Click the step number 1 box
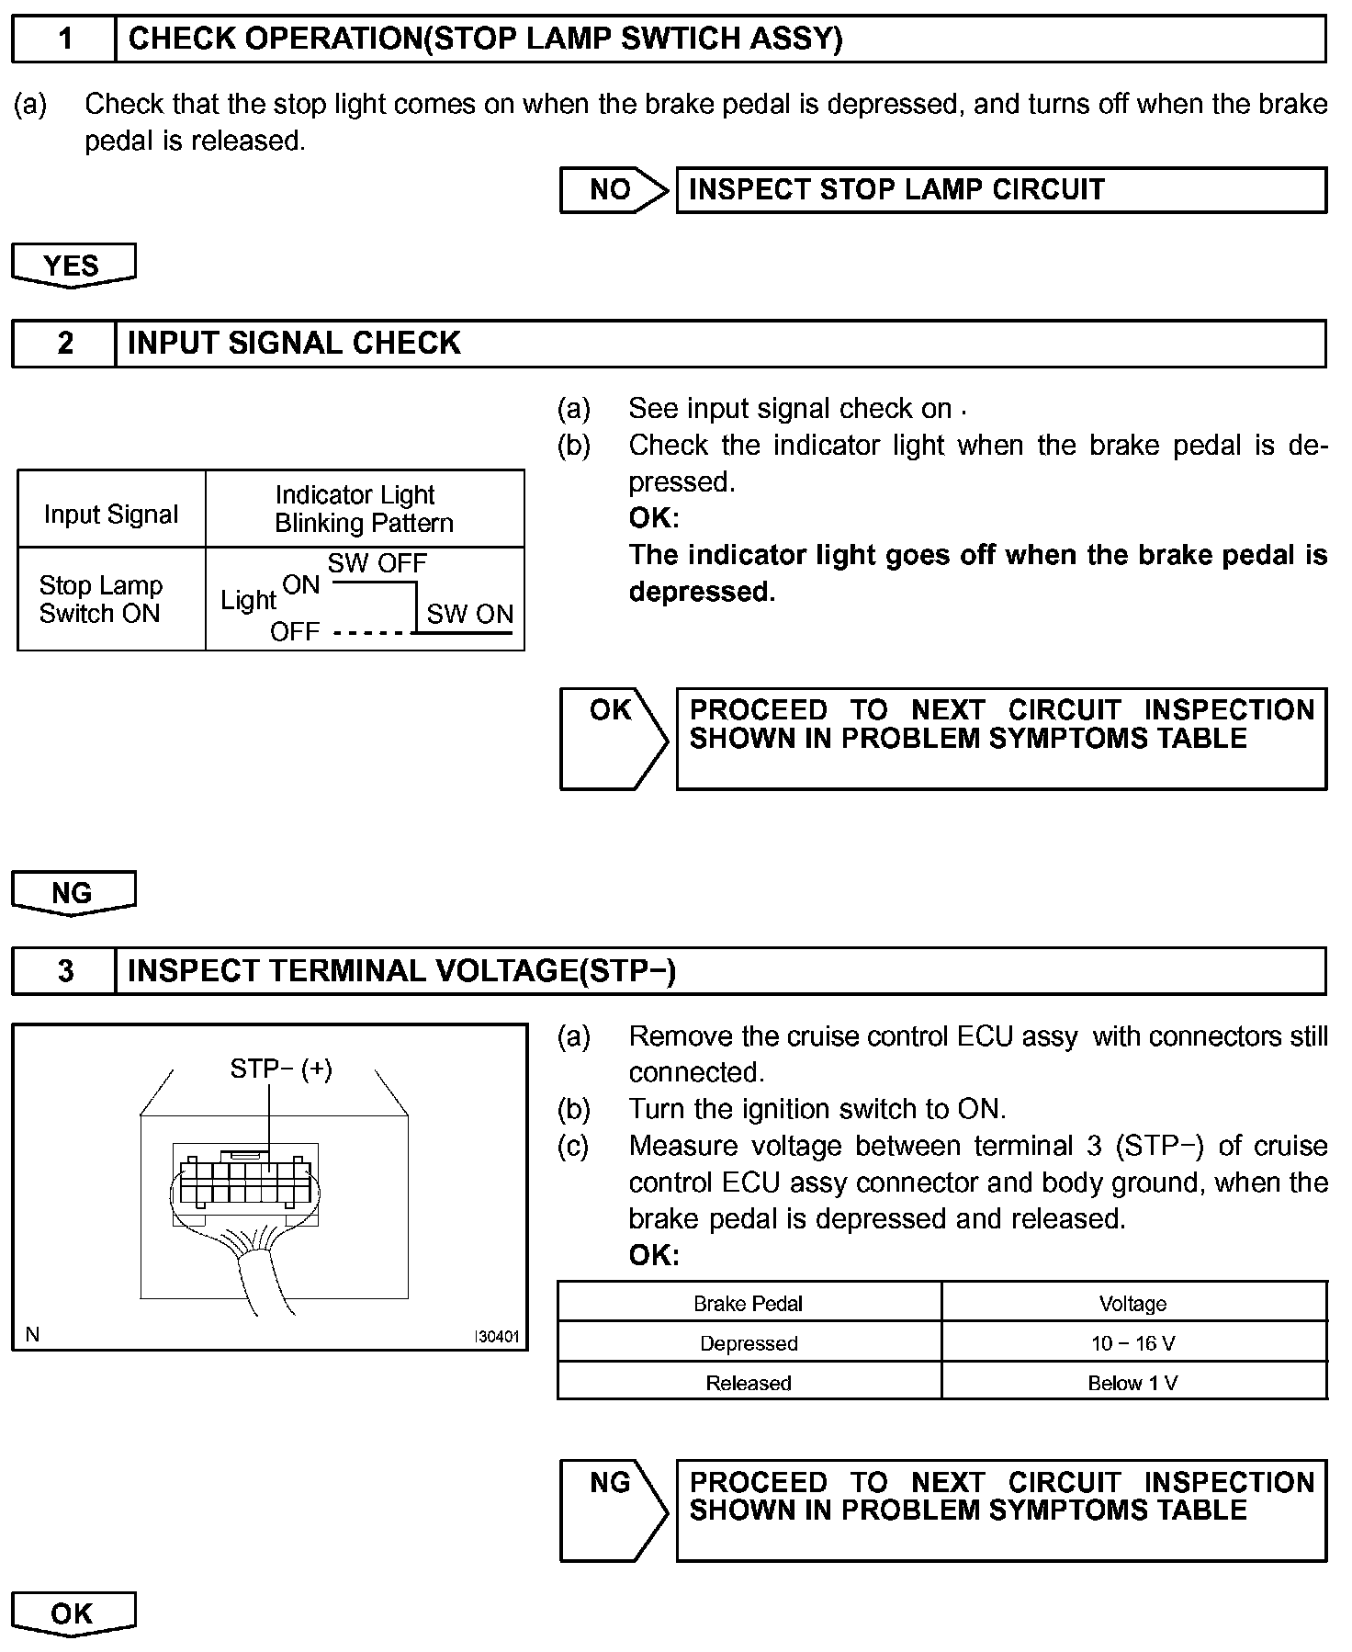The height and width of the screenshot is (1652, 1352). pos(64,40)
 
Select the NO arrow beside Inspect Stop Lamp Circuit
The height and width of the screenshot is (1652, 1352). pos(613,190)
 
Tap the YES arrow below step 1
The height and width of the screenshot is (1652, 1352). pos(73,266)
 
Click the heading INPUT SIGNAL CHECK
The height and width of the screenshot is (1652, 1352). pos(294,344)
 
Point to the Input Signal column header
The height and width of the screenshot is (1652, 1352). pos(111,514)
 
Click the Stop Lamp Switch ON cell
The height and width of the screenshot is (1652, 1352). pos(101,599)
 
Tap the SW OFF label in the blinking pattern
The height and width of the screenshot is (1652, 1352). pos(377,563)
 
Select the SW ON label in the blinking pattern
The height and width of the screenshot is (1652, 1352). pos(469,614)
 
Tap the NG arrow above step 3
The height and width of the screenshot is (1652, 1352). pos(73,893)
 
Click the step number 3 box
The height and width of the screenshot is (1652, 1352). pos(64,971)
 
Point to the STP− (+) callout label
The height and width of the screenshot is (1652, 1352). pos(281,1069)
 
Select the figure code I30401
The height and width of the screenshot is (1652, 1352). pos(496,1337)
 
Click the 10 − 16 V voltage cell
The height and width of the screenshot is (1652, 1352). pos(1132,1343)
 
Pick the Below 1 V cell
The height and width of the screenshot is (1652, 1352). pos(1132,1383)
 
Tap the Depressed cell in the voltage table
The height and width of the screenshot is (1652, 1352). pos(749,1343)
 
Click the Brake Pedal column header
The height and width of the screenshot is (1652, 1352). pos(749,1304)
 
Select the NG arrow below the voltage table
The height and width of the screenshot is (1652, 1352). pos(613,1510)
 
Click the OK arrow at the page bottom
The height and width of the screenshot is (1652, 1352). pos(73,1613)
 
